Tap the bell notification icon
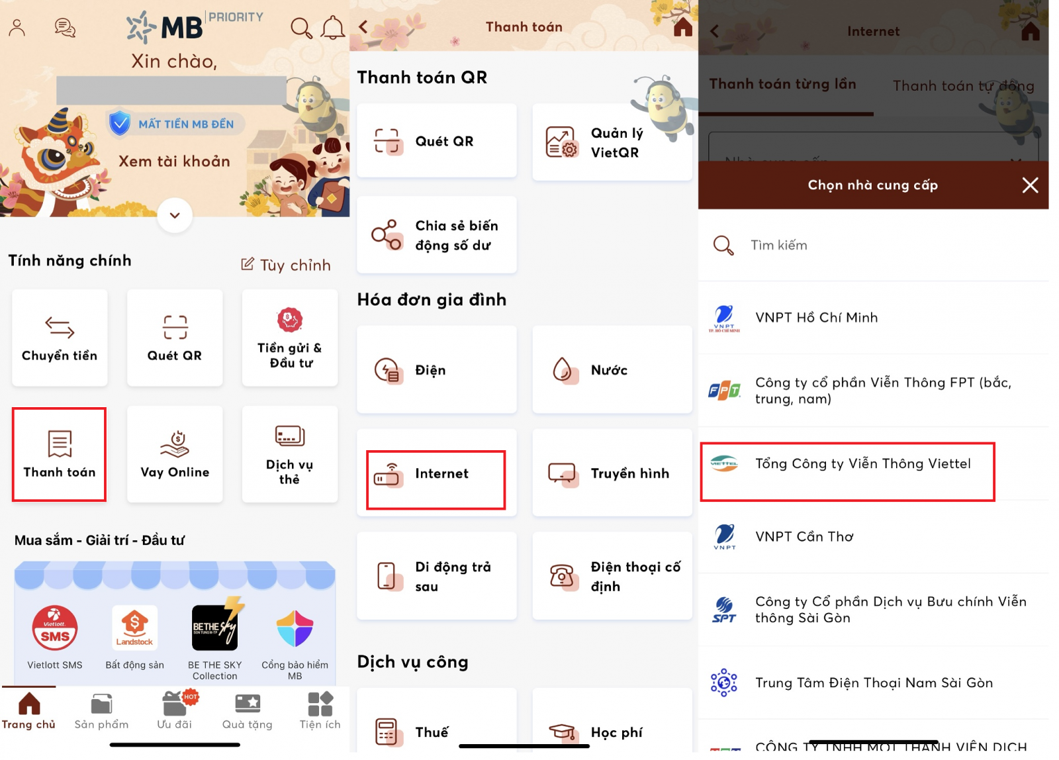(333, 28)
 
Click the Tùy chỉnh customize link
(286, 265)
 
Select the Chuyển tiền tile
(60, 338)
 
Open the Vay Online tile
(175, 454)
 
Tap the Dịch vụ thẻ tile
(290, 454)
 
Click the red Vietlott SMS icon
(55, 628)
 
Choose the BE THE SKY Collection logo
(215, 626)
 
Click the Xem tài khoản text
(175, 162)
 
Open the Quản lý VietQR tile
(612, 142)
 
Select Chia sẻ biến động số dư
(437, 235)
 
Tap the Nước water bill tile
(612, 369)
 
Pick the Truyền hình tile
(612, 473)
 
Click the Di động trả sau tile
(437, 576)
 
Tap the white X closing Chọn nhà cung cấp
(1030, 185)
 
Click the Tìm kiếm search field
(874, 246)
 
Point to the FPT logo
(724, 391)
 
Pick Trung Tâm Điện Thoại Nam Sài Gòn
(874, 683)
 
